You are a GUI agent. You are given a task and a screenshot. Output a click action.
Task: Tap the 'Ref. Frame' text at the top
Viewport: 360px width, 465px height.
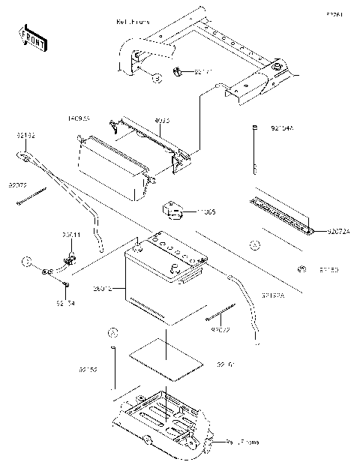(x=133, y=22)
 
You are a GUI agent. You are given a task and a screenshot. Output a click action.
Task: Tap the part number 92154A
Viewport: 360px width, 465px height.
(x=282, y=129)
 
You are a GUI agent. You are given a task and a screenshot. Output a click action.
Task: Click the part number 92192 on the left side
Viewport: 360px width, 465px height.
(x=25, y=136)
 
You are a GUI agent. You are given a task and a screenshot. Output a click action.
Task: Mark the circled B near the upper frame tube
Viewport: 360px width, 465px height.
(x=157, y=77)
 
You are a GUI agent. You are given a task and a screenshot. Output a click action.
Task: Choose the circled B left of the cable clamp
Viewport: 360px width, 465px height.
(x=26, y=262)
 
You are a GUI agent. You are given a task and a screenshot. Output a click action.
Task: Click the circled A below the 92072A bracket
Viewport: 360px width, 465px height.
(x=254, y=245)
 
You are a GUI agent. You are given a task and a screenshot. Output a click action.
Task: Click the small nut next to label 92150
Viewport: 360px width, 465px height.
(x=301, y=268)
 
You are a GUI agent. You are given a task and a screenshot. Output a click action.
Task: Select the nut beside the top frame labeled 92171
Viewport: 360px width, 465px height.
(x=179, y=73)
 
